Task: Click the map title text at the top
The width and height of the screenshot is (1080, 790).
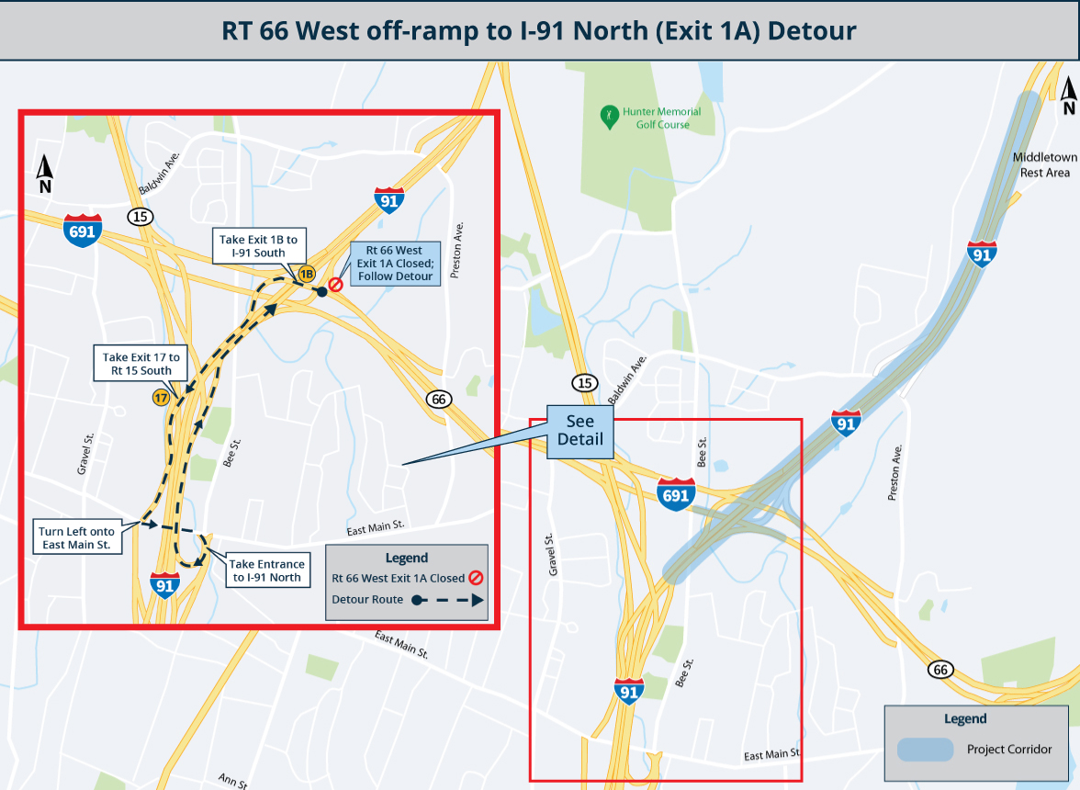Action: click(x=539, y=31)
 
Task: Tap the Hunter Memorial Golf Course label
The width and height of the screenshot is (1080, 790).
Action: click(x=661, y=118)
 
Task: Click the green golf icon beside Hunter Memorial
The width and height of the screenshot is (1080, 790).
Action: click(x=607, y=114)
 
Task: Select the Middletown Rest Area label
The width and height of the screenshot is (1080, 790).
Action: click(x=1045, y=164)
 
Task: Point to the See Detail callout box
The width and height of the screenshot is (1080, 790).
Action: click(x=580, y=430)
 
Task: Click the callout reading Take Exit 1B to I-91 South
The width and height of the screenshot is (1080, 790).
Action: click(x=258, y=245)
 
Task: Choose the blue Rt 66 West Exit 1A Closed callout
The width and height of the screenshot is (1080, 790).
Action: click(x=395, y=263)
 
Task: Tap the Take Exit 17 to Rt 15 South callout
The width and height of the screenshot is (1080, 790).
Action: click(x=143, y=364)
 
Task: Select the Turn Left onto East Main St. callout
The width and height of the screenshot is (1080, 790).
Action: click(x=76, y=538)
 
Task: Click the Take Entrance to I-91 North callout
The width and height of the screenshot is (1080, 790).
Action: click(x=266, y=570)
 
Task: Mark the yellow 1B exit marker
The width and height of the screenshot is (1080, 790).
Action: click(x=306, y=273)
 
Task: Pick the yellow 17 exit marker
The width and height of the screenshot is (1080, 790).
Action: click(x=162, y=398)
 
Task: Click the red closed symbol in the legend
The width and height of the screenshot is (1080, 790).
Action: click(x=476, y=578)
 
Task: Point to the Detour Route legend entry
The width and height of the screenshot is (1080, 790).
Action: click(x=407, y=601)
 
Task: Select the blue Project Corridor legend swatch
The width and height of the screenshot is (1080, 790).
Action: click(x=926, y=749)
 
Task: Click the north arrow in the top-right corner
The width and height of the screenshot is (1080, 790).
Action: click(x=1068, y=96)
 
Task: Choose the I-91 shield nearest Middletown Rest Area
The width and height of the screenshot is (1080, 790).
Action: click(x=982, y=253)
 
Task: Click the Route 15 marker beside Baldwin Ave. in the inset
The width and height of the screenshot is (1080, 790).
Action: click(x=141, y=217)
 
